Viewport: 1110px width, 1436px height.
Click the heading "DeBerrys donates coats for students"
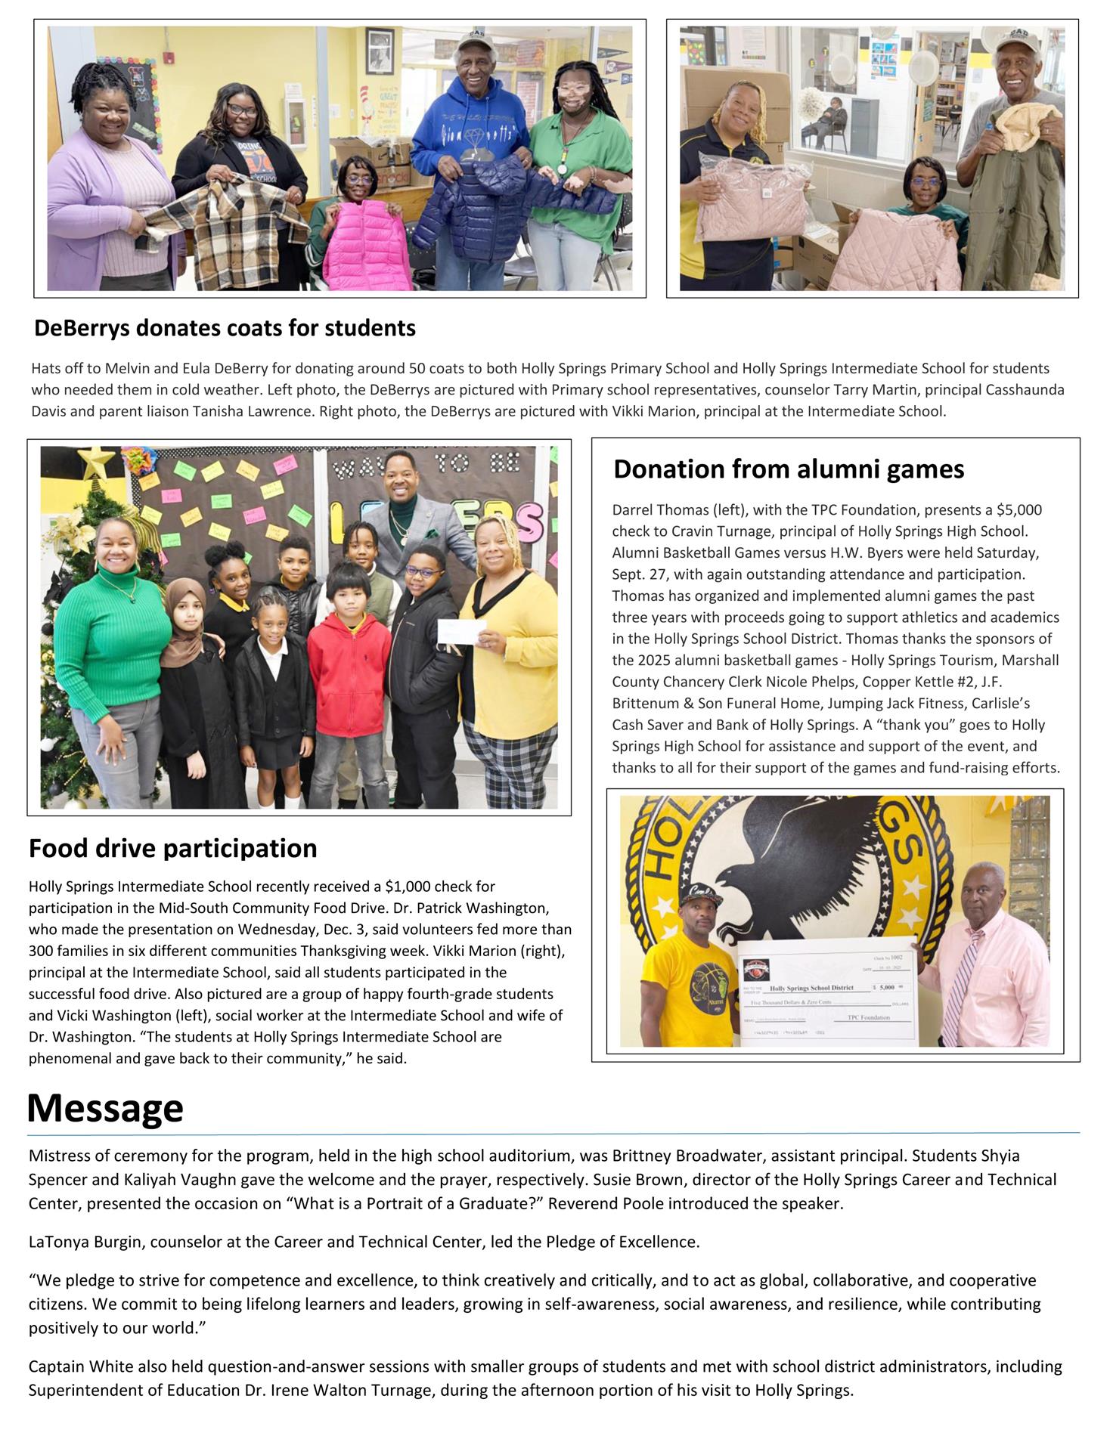coord(225,328)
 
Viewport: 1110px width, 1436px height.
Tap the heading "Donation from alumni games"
coord(788,469)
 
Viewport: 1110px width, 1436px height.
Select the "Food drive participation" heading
coord(172,848)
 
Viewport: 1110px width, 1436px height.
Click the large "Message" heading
coord(105,1108)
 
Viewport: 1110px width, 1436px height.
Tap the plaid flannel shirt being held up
coord(219,219)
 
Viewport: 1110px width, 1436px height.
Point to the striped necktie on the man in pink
coord(960,983)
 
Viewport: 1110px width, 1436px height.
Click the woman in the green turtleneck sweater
coord(113,642)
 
